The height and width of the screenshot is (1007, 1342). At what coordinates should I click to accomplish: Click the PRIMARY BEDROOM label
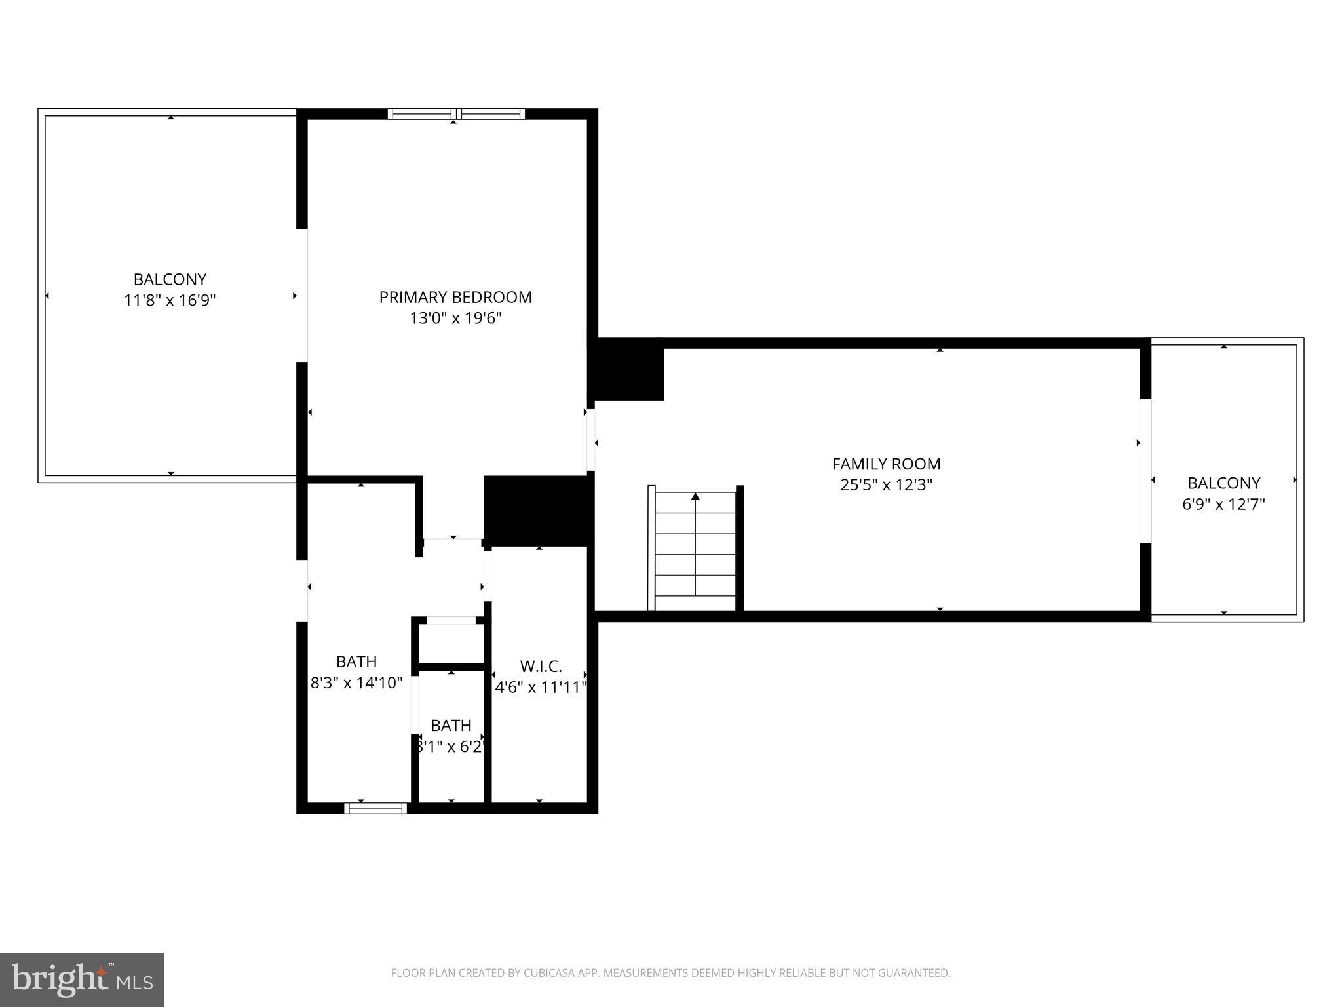tap(455, 297)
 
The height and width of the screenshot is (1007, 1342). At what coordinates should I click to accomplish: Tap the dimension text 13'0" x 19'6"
tap(455, 319)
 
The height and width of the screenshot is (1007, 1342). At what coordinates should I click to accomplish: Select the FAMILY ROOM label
tap(886, 464)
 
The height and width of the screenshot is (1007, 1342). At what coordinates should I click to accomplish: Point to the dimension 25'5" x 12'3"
tap(886, 485)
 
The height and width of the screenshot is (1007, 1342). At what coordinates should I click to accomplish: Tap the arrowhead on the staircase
tap(695, 496)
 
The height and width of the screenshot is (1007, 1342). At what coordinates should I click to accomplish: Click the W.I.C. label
tap(541, 667)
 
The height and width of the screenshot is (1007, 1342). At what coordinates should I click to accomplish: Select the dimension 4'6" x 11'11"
tap(541, 688)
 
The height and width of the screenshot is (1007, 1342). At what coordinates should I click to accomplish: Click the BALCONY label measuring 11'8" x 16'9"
tap(170, 279)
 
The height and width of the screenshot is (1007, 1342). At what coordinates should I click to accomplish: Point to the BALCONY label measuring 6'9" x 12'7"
tap(1223, 483)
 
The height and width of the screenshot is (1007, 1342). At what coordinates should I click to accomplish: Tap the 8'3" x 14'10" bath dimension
tap(356, 683)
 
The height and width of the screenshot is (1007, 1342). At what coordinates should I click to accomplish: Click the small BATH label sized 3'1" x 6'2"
tap(451, 726)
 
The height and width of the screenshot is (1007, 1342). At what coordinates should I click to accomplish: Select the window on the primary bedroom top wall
tap(456, 114)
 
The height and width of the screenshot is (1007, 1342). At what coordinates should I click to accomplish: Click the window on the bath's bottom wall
tap(375, 808)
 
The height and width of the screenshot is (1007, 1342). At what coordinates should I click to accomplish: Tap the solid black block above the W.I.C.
tap(537, 511)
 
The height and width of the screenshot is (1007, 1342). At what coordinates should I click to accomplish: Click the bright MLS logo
tap(82, 979)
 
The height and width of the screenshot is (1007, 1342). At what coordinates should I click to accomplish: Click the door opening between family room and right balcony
tap(1145, 471)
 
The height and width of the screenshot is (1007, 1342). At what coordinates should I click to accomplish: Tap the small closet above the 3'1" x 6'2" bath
tap(451, 643)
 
